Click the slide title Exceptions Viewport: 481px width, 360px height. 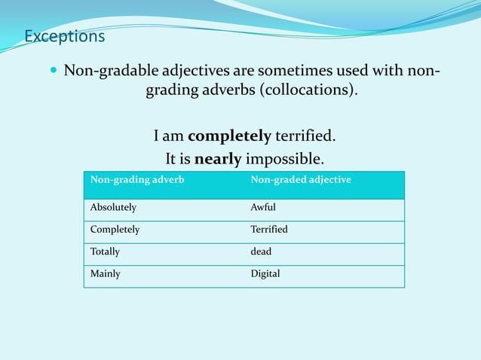[x=64, y=36]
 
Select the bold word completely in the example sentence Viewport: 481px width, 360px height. [x=229, y=136]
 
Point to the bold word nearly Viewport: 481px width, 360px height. [x=218, y=159]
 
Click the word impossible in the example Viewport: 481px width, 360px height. [x=284, y=159]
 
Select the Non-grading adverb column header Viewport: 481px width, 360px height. [x=137, y=180]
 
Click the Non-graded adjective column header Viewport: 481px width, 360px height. [x=301, y=180]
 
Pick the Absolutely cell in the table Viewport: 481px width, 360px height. [x=113, y=207]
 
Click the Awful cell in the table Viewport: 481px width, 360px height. [x=263, y=207]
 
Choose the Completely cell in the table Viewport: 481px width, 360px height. [x=115, y=229]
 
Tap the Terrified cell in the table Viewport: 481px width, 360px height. [x=269, y=229]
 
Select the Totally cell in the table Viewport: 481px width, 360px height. [x=105, y=252]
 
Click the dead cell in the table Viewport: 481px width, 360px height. [x=261, y=252]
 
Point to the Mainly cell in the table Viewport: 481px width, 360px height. [x=105, y=273]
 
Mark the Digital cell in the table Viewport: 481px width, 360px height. [x=265, y=273]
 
